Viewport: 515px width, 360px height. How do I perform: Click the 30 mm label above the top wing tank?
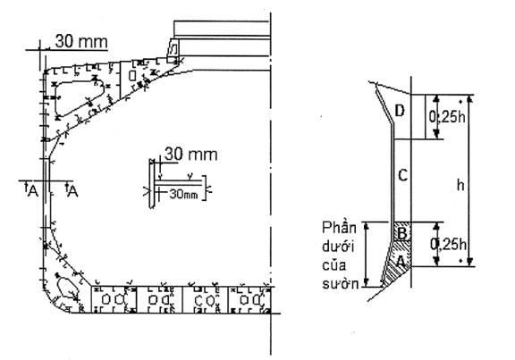81,42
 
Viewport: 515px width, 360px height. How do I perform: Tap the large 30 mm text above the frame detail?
190,154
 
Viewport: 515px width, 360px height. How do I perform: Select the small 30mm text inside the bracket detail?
183,194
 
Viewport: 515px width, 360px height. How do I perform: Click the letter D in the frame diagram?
400,111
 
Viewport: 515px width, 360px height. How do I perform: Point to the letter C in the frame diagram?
402,175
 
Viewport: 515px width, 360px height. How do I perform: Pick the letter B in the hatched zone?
402,234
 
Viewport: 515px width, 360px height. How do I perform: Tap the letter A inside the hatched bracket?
401,262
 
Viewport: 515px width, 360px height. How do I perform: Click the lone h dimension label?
460,185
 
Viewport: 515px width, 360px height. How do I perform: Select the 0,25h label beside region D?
447,117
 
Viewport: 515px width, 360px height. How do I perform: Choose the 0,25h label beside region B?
448,244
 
